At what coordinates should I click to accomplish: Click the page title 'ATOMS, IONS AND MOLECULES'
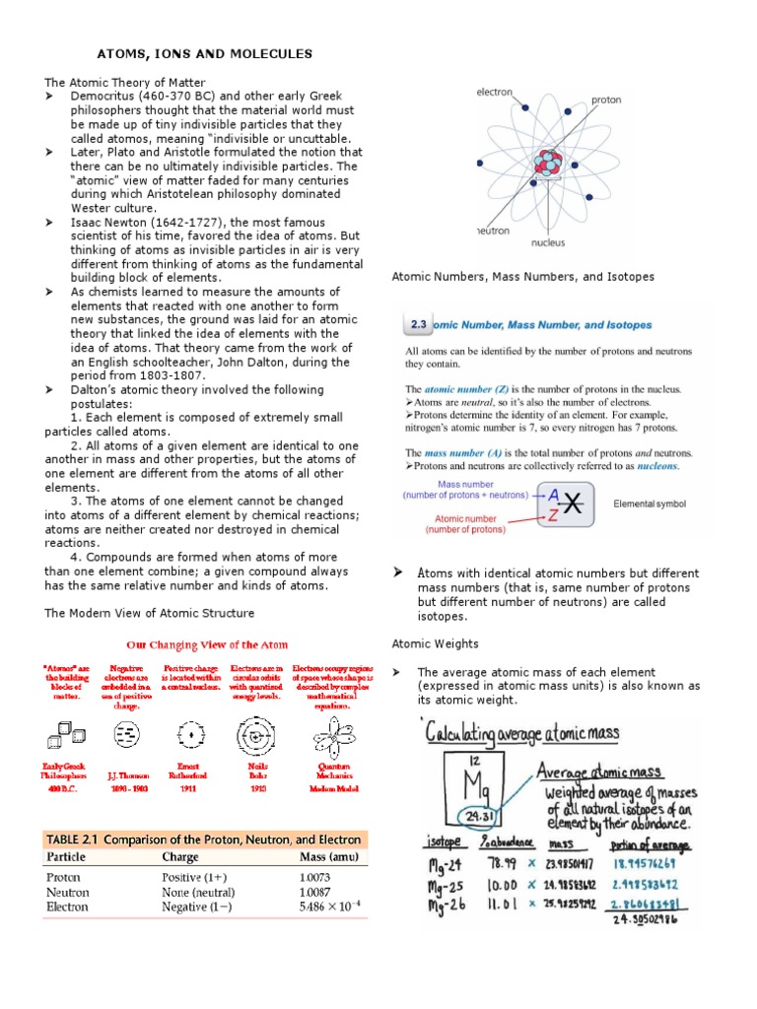pyautogui.click(x=202, y=53)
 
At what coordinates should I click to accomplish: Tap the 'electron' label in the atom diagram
pyautogui.click(x=495, y=92)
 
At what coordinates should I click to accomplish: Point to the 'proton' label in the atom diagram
pyautogui.click(x=606, y=101)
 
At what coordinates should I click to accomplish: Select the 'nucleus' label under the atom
pyautogui.click(x=548, y=241)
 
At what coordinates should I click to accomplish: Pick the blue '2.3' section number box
pyautogui.click(x=417, y=324)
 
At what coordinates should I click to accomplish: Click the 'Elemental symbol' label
pyautogui.click(x=650, y=504)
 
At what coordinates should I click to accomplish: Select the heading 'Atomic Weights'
pyautogui.click(x=435, y=643)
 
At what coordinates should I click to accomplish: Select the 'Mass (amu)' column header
pyautogui.click(x=330, y=856)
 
